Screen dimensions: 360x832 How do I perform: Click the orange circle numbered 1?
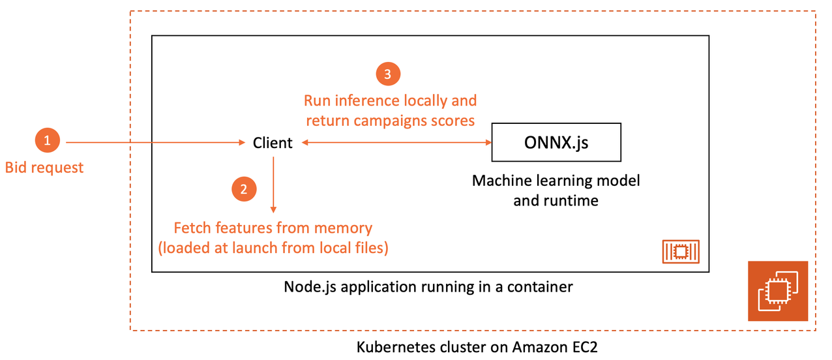[x=46, y=141]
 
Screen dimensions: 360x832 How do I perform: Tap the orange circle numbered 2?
[x=244, y=189]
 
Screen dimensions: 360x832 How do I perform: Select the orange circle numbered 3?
[x=387, y=75]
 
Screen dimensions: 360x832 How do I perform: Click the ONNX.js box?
[x=556, y=142]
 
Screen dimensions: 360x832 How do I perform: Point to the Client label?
[x=273, y=143]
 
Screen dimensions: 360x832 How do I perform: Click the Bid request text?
[x=44, y=168]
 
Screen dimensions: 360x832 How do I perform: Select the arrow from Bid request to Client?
[x=156, y=142]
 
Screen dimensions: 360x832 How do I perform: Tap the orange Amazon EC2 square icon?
[x=777, y=291]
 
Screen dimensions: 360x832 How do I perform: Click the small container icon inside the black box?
[x=681, y=251]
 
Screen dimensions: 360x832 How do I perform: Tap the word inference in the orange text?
[x=367, y=101]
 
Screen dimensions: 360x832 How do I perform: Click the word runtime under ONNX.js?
[x=572, y=200]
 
